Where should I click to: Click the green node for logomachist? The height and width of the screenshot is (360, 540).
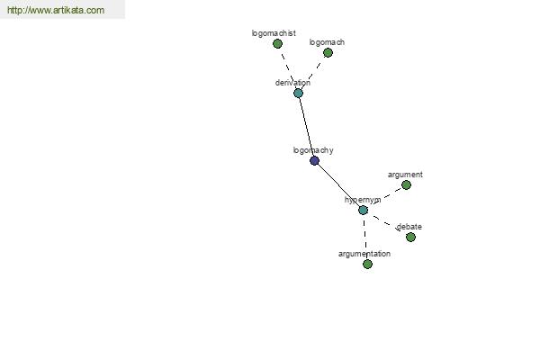point(277,44)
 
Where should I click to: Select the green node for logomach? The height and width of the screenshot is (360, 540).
point(328,53)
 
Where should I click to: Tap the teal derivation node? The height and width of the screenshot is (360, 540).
point(298,93)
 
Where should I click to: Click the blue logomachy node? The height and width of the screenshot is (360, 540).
point(314,160)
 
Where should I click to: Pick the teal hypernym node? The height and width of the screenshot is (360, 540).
point(363,210)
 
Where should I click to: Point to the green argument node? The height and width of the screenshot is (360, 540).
point(407,185)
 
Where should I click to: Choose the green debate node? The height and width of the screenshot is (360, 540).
point(410,237)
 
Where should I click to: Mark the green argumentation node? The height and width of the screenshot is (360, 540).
point(367,265)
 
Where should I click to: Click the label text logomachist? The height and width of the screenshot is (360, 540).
point(274,33)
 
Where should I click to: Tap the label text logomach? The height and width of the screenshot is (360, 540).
point(327,42)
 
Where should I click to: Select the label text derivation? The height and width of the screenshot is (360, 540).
point(292,83)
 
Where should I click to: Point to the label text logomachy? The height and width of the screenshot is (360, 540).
point(313,150)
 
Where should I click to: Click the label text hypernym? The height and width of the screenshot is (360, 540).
point(363,200)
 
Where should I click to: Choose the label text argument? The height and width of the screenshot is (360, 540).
point(405,175)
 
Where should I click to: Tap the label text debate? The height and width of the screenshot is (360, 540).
point(409,227)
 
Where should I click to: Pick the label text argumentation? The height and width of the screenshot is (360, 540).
point(364,254)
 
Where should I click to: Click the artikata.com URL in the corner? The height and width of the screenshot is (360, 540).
point(56,10)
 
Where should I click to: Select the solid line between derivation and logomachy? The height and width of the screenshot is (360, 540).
point(307,127)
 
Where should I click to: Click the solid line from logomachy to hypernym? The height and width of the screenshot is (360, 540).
point(338,185)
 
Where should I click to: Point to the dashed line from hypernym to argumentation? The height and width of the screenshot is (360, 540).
point(365,238)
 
